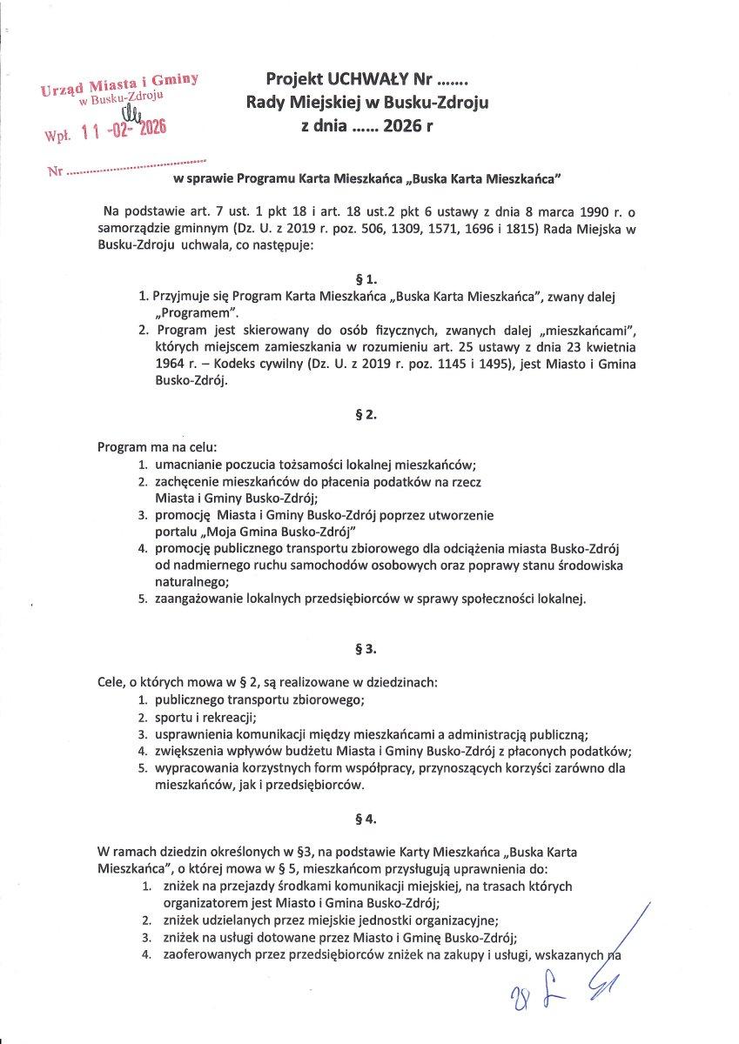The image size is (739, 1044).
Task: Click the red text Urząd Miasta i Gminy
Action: coord(119,84)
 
